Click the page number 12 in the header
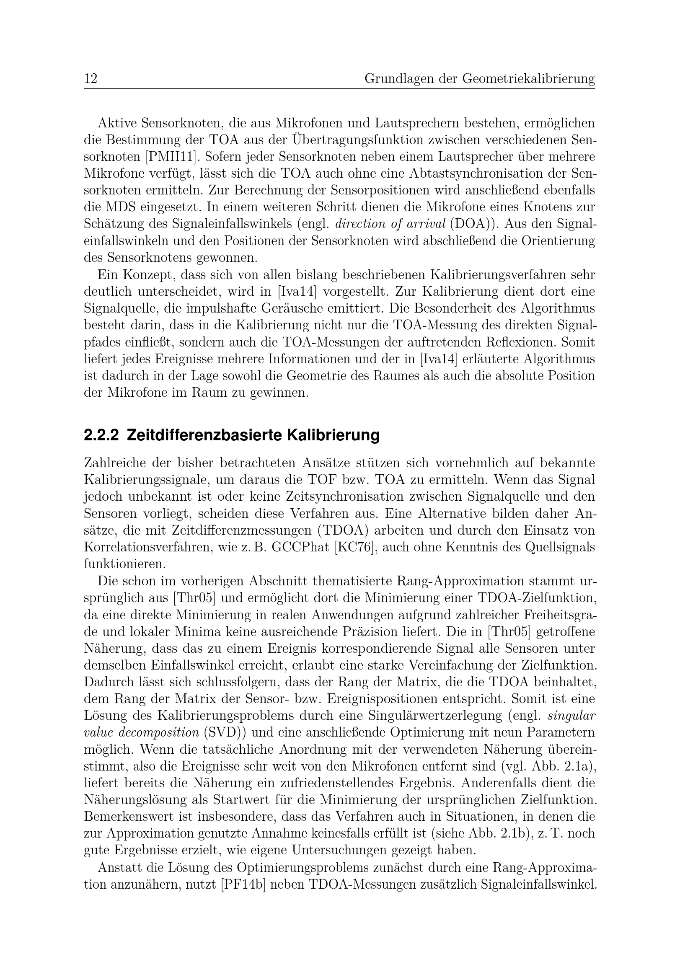point(91,79)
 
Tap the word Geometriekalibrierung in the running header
point(528,79)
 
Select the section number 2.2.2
point(101,436)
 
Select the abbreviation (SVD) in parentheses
point(227,733)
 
